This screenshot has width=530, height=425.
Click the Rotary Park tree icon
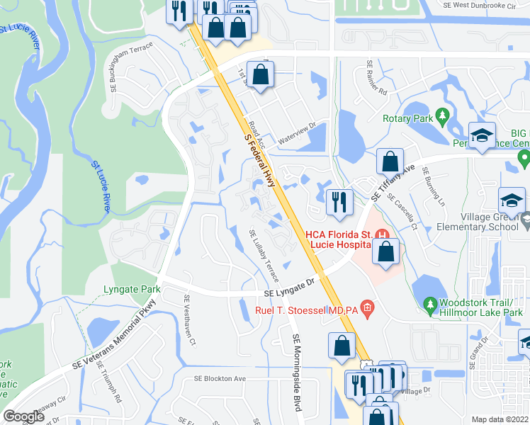444,115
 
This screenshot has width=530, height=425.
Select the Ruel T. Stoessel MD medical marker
367,307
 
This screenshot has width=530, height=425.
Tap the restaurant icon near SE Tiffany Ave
339,201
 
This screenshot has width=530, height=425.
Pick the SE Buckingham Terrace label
132,72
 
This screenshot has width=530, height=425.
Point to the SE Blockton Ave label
220,379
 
